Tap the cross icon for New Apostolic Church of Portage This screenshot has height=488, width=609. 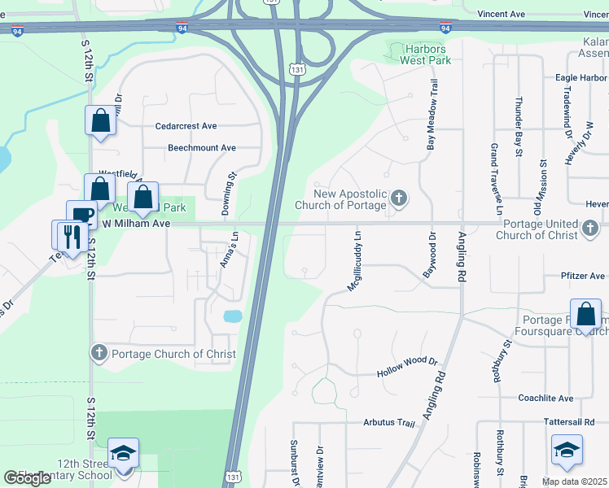pos(399,198)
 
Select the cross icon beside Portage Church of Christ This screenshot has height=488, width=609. pos(99,353)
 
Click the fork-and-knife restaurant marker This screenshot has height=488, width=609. pos(73,237)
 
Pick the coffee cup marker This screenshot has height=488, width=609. pos(81,216)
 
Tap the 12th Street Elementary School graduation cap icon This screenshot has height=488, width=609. pos(123,453)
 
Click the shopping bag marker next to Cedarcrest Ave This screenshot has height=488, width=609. pos(100,121)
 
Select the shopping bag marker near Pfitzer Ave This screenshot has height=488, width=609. pos(585,314)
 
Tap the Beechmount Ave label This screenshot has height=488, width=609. pos(202,148)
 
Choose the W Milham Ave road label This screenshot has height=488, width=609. pos(134,223)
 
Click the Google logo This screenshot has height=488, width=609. pos(28,478)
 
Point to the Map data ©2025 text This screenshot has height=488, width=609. pos(575,481)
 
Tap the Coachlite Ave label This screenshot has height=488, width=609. pos(545,398)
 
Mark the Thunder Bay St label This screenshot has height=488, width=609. pos(518,125)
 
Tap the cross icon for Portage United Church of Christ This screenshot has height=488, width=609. pos(592,229)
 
